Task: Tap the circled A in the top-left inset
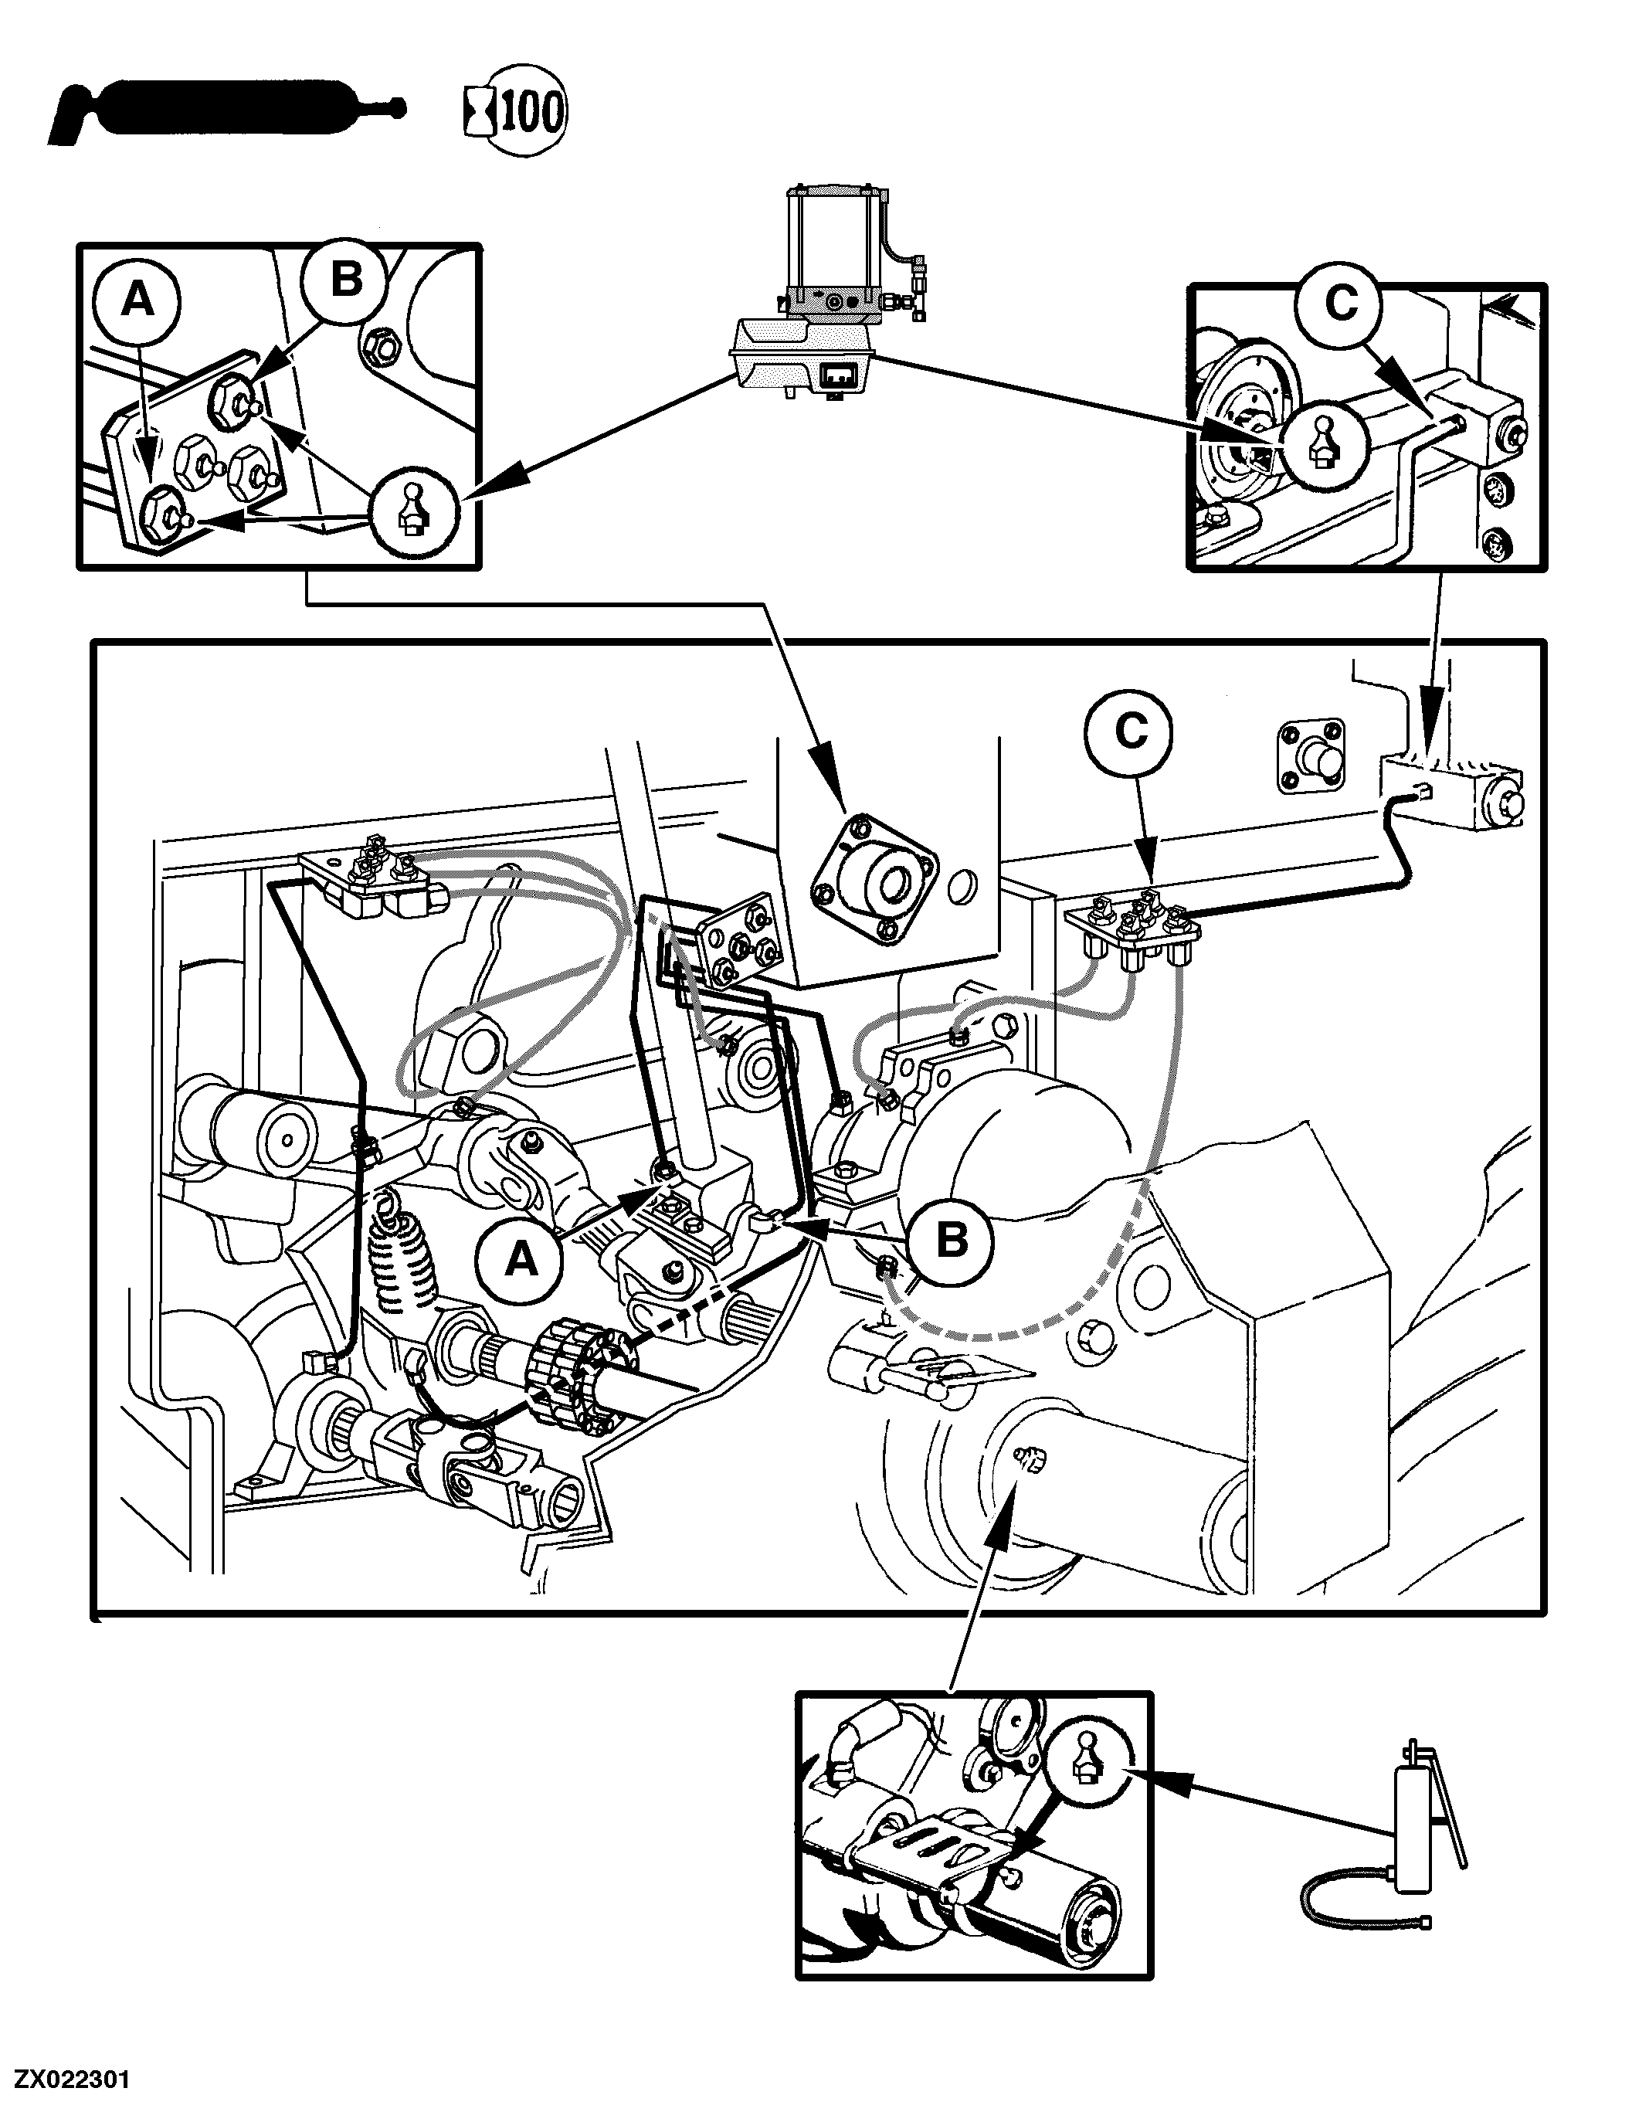pos(137,301)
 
